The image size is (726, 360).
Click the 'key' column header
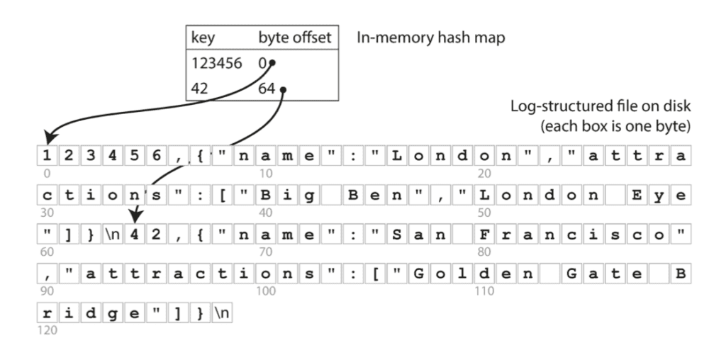click(203, 38)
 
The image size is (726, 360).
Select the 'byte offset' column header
click(295, 38)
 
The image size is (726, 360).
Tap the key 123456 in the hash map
click(217, 63)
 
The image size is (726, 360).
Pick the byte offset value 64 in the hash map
click(267, 88)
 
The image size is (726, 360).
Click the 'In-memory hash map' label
click(430, 38)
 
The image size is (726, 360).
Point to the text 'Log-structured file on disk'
click(601, 106)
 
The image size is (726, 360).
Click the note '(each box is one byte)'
click(615, 126)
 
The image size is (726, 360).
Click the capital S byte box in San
click(397, 234)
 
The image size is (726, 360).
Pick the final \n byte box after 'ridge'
click(222, 313)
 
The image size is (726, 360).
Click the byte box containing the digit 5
click(134, 155)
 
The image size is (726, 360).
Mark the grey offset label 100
click(266, 291)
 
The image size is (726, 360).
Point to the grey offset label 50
click(484, 213)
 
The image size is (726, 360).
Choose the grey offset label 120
click(47, 330)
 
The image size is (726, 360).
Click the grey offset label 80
click(484, 252)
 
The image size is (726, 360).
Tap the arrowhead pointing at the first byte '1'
click(50, 137)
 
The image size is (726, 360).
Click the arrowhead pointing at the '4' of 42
click(135, 215)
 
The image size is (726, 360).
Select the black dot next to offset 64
click(283, 90)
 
